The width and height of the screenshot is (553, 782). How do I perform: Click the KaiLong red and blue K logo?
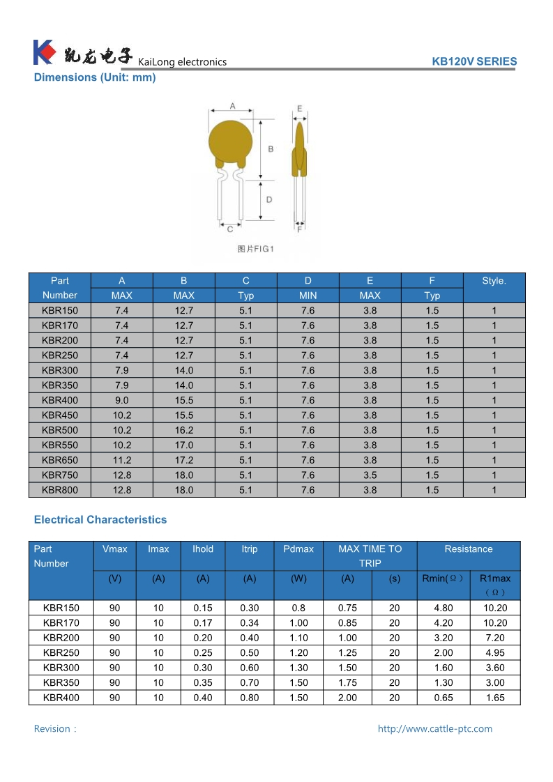[x=43, y=52]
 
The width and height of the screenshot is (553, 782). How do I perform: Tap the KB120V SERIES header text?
[x=474, y=61]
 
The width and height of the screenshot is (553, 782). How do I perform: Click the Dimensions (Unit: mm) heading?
[x=95, y=77]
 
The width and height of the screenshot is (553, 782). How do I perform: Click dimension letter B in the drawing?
[x=271, y=149]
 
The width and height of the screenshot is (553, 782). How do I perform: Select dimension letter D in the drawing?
[x=268, y=200]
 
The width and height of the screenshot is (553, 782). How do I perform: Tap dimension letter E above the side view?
[x=299, y=109]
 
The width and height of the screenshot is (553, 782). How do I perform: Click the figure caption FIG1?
[x=256, y=249]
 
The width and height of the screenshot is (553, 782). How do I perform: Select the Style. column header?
[x=494, y=281]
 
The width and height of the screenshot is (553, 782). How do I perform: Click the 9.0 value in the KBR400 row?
[x=122, y=400]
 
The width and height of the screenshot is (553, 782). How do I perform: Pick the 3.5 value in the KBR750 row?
[x=370, y=475]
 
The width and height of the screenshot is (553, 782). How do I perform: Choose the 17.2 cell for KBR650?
[x=184, y=460]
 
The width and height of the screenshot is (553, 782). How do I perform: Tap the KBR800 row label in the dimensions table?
[x=60, y=490]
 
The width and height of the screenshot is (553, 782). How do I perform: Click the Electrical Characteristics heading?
[x=100, y=520]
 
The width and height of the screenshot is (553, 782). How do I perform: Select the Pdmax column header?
[x=298, y=549]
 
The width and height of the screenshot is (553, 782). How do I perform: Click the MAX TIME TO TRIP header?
[x=370, y=556]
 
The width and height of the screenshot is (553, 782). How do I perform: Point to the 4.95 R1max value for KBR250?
[x=495, y=653]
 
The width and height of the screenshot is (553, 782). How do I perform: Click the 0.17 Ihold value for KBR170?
[x=203, y=623]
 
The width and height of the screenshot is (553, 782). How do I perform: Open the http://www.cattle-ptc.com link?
[x=435, y=729]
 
